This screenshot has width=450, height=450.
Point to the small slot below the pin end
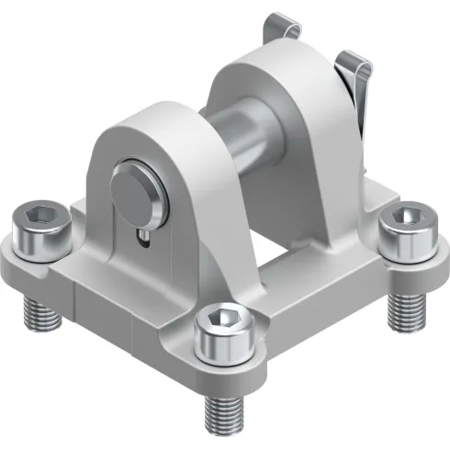(146, 241)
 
